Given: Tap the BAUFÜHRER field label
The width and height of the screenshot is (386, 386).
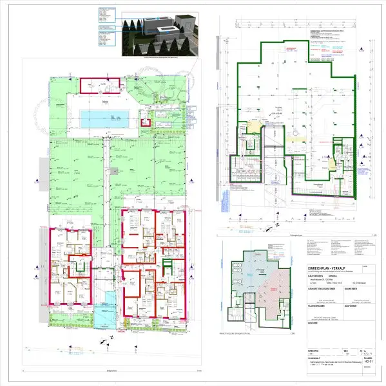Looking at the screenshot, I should point(354,306).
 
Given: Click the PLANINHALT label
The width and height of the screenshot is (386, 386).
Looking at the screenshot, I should point(316,360).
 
